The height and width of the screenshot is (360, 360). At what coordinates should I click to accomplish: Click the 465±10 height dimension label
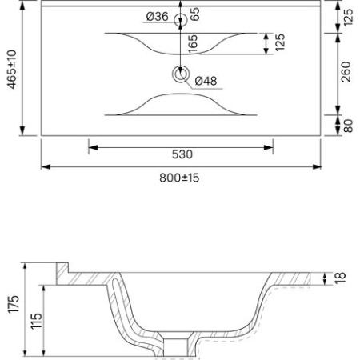click(x=12, y=70)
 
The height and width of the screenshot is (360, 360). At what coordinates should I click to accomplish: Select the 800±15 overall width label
click(x=179, y=178)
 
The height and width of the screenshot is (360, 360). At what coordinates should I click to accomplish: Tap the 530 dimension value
click(x=182, y=154)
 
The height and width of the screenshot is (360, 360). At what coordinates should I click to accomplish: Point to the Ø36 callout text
click(x=158, y=17)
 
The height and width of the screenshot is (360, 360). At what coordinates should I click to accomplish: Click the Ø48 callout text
click(x=206, y=81)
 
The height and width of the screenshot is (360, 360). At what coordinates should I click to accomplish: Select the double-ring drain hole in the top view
click(x=181, y=74)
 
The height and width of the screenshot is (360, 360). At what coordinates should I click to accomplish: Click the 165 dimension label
click(x=193, y=43)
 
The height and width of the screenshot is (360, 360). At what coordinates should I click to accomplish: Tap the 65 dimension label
click(x=194, y=14)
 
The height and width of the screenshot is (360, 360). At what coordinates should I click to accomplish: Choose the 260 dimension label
click(x=346, y=72)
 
